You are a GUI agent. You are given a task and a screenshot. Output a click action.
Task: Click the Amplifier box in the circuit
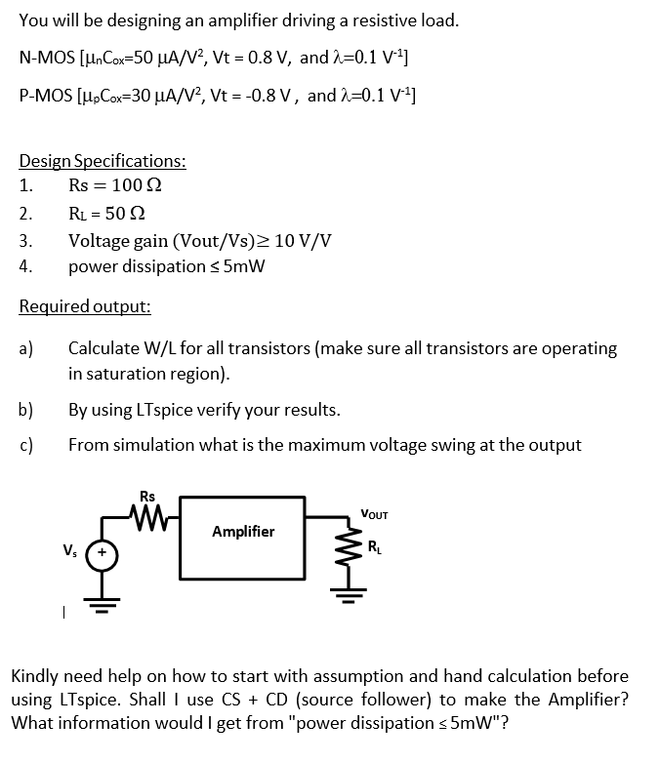244,532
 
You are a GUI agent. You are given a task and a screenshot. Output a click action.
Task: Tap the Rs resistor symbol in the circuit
147,510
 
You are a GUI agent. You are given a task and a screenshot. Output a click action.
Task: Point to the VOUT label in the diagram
374,513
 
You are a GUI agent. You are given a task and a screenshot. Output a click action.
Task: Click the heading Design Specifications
103,161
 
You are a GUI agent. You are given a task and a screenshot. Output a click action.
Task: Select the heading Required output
85,306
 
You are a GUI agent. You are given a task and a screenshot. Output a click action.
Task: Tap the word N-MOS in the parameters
46,58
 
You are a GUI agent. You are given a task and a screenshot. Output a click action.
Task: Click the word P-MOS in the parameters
45,96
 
